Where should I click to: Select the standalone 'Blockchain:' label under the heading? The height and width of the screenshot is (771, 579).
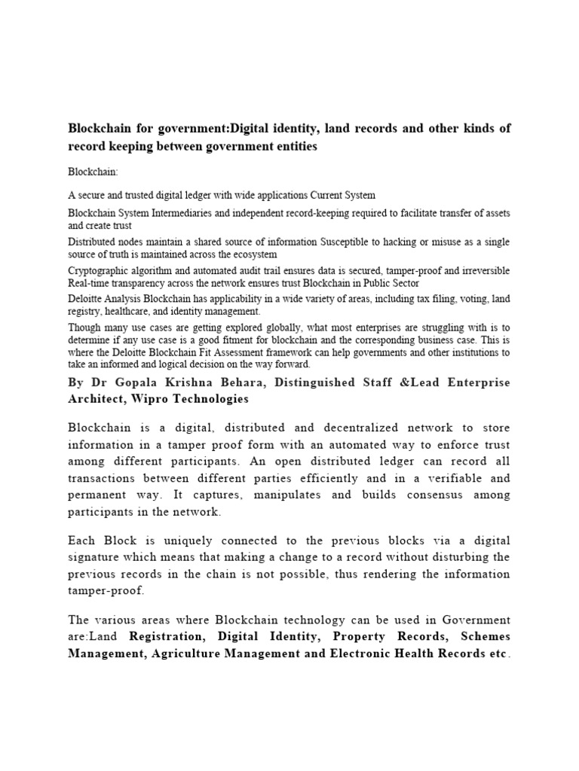93,172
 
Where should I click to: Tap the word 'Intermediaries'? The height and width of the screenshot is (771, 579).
185,213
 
